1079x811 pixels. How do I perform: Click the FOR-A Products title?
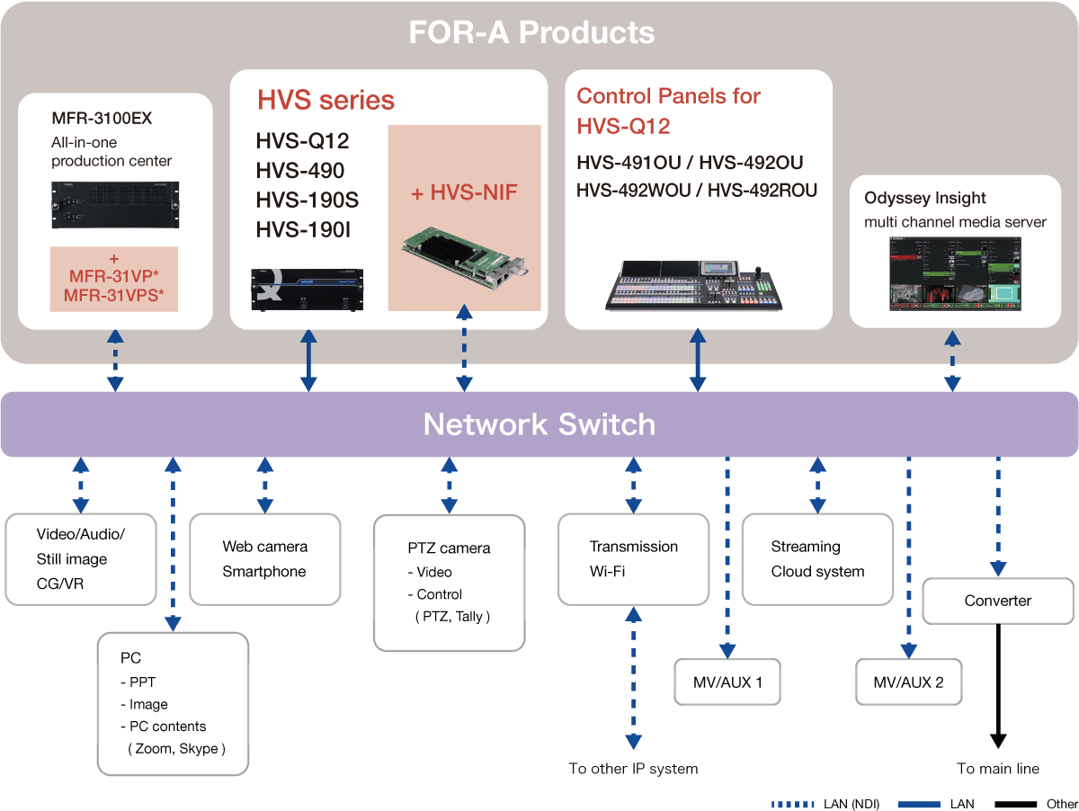531,33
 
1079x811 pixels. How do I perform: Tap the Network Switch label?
539,424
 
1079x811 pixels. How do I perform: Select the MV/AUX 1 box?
727,682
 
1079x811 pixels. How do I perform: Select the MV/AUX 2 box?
908,682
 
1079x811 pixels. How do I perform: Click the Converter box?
998,601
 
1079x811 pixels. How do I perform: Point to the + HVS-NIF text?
464,192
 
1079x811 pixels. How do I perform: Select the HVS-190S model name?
301,201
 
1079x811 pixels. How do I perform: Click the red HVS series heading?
325,99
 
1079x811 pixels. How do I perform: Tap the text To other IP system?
633,769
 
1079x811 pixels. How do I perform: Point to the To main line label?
998,769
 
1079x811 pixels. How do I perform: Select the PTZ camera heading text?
449,548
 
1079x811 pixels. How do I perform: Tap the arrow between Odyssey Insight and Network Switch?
952,360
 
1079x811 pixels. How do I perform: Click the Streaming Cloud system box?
817,558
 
